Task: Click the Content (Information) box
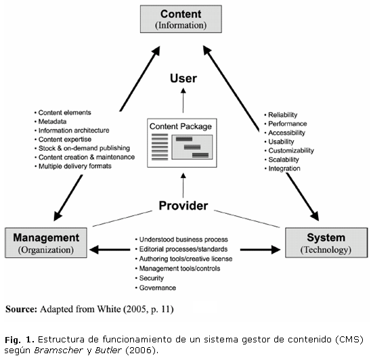pos(181,19)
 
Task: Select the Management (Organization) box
pos(46,243)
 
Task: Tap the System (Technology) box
pos(326,243)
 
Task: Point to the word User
pos(183,78)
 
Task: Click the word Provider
pos(183,206)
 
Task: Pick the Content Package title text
pos(181,127)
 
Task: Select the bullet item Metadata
pos(52,122)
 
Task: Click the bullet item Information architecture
pos(74,131)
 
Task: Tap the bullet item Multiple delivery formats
pos(74,166)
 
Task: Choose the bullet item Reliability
pos(283,115)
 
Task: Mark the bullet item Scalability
pos(284,160)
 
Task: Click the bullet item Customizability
pos(291,150)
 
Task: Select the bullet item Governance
pos(158,288)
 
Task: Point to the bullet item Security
pos(152,278)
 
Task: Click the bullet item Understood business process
pos(183,240)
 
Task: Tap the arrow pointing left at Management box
pos(110,250)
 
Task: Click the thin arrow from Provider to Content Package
pos(183,185)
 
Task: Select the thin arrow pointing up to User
pos(183,100)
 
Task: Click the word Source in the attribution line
pos(21,309)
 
